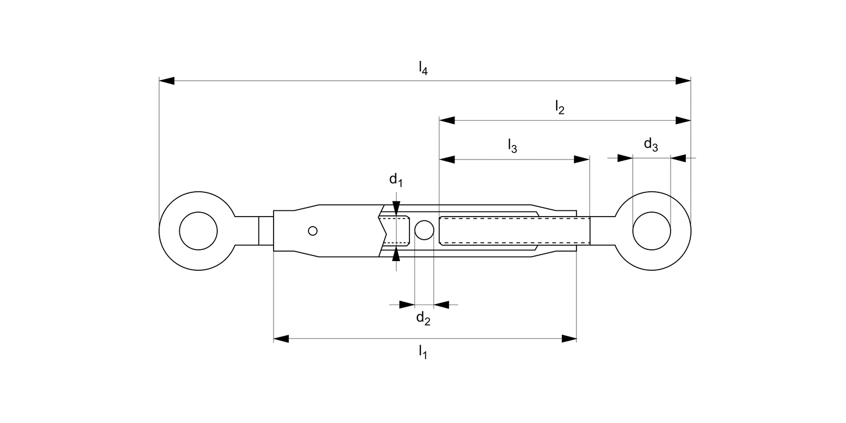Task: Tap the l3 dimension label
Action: (x=512, y=147)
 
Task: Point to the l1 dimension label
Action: (x=422, y=352)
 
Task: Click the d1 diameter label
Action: (x=396, y=180)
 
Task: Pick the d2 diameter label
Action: (x=423, y=319)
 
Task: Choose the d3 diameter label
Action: (x=651, y=145)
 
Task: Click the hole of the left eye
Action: (x=198, y=231)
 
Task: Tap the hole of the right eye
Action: (x=651, y=231)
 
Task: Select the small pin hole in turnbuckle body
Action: (x=313, y=231)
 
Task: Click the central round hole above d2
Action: (x=424, y=230)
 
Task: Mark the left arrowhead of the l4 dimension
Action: (x=167, y=81)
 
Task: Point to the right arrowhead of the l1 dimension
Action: (x=569, y=339)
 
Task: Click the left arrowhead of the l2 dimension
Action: (x=447, y=120)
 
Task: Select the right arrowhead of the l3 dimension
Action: (x=581, y=160)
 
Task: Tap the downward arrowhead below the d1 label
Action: (x=396, y=209)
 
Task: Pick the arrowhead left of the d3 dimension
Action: (x=625, y=158)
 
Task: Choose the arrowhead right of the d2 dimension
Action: (x=441, y=305)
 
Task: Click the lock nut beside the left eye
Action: (x=266, y=231)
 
